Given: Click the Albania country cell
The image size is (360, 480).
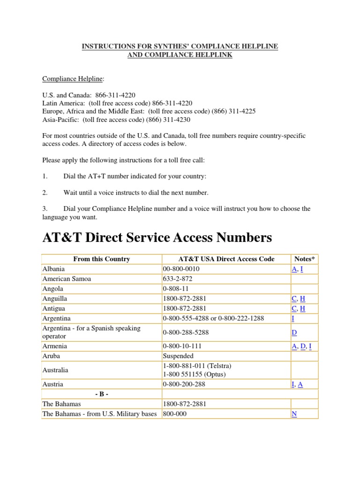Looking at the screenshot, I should [53, 269].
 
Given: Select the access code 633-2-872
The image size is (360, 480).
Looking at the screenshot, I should [177, 279].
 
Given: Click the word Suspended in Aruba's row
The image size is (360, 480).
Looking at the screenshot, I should [178, 356].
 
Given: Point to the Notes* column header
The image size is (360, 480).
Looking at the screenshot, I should [305, 259].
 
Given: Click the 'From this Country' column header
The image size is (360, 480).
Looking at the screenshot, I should [102, 259].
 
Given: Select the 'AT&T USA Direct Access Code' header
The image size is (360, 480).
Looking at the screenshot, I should [226, 259].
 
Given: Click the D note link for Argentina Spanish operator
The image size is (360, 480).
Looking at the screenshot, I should [294, 332].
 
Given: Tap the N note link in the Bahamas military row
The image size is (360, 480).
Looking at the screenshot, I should [294, 414].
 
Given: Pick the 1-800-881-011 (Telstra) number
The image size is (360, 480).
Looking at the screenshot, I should [197, 366].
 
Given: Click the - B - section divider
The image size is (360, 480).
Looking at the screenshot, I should [102, 394].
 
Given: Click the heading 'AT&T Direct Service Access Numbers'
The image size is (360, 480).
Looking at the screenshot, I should [157, 238].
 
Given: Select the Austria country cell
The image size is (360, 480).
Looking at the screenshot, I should [52, 384].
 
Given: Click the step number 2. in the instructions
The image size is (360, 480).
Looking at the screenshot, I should [45, 193].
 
